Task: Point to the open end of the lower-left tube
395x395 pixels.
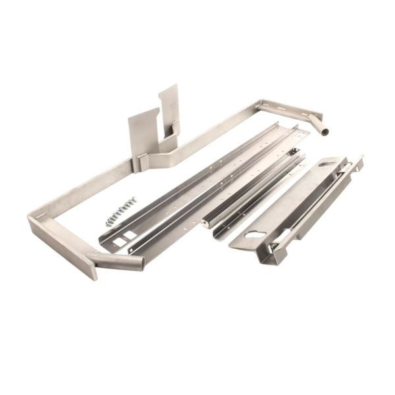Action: (x=141, y=263)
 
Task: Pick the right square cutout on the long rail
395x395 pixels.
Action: (x=132, y=235)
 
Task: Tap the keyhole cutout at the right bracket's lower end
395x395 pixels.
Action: (x=255, y=234)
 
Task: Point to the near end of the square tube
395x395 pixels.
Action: (x=207, y=224)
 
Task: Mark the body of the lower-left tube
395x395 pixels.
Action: (x=118, y=261)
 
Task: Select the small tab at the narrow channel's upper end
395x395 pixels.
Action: (x=296, y=152)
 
